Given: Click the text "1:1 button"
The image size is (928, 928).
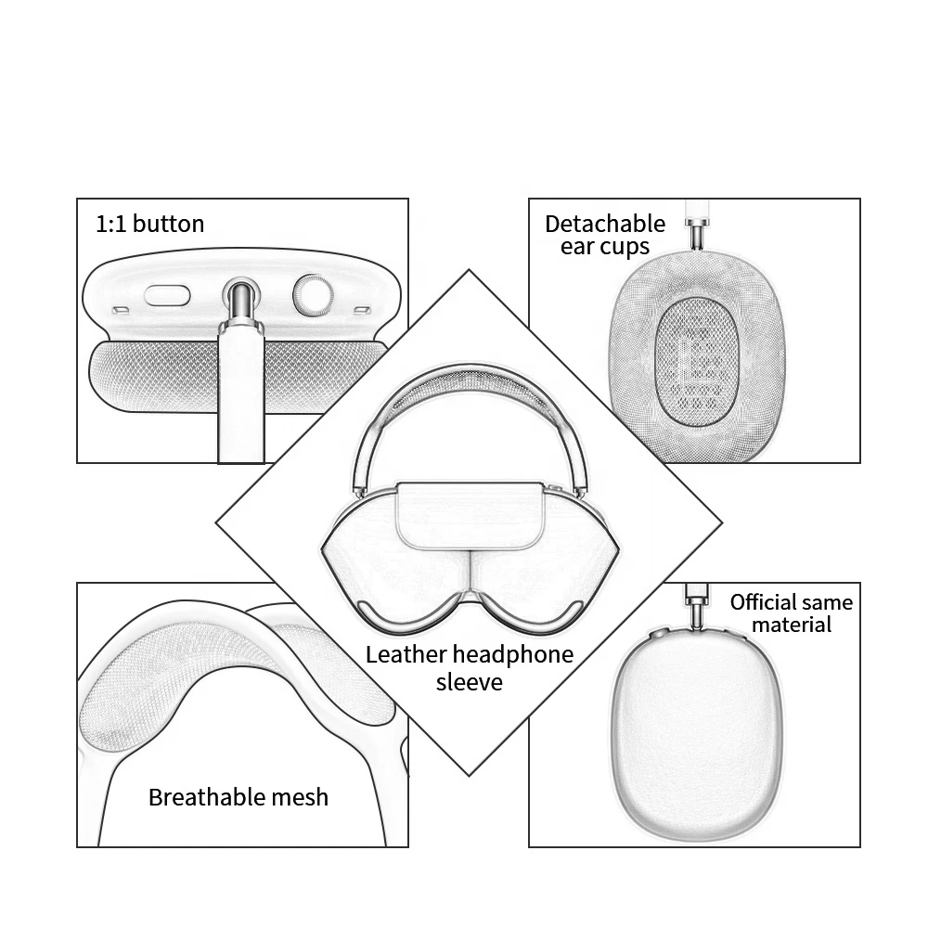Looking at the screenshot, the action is click(x=149, y=224).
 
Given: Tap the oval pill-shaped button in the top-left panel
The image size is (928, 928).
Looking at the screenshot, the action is click(x=167, y=295).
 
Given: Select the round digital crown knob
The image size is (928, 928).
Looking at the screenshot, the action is click(x=313, y=295).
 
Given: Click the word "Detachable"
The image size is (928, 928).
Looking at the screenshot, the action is click(x=605, y=224).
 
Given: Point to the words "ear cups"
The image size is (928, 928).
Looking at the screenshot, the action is click(x=605, y=247).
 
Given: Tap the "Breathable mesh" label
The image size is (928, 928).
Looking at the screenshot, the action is click(x=238, y=796).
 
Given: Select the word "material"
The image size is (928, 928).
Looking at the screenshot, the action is click(x=792, y=625).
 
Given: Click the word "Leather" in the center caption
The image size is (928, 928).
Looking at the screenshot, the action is click(x=406, y=654).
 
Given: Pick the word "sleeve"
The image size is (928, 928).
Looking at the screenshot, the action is click(x=470, y=682).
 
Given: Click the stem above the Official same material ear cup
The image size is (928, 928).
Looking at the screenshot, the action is click(x=694, y=603).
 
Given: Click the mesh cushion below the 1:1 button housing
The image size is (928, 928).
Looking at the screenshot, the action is click(x=139, y=376).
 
